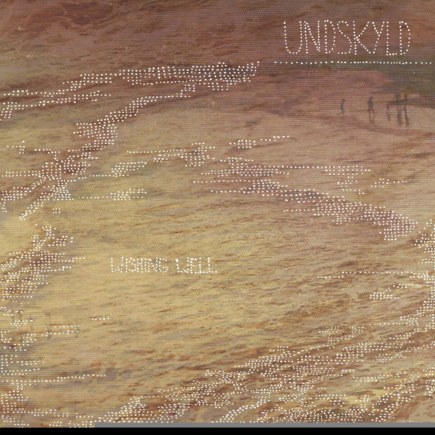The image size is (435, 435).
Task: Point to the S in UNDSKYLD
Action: pyautogui.click(x=341, y=39)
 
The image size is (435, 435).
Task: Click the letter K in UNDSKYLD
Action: pyautogui.click(x=357, y=39)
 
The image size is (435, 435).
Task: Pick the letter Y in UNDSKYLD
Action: pyautogui.click(x=374, y=39)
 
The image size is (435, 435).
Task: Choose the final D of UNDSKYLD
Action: pyautogui.click(x=402, y=39)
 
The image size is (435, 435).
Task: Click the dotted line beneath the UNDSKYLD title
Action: pyautogui.click(x=342, y=63)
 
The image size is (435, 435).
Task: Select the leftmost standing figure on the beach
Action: pyautogui.click(x=343, y=107)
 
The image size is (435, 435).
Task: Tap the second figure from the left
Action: pyautogui.click(x=370, y=109)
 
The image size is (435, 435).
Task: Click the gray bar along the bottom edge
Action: pyautogui.click(x=264, y=425)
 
